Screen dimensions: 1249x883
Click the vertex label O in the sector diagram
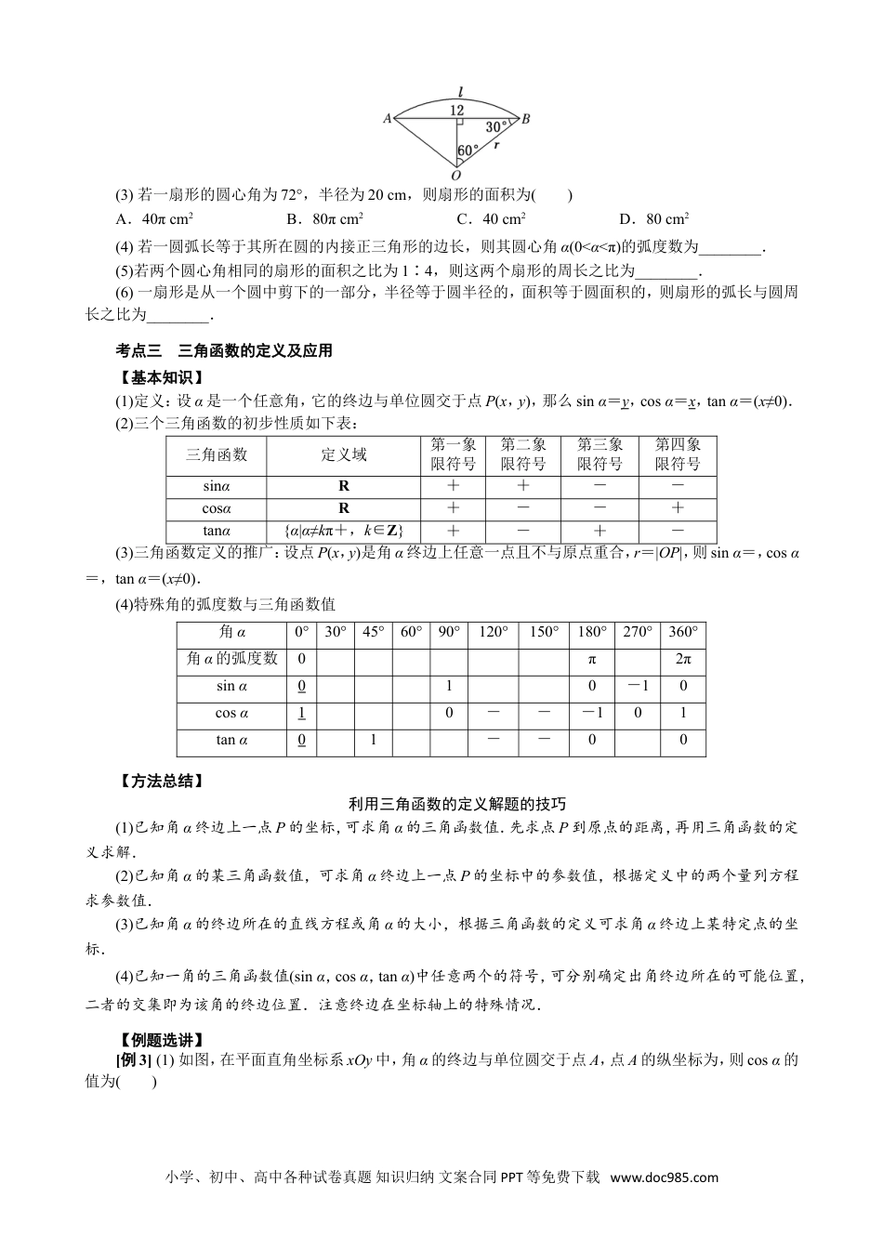tap(455, 175)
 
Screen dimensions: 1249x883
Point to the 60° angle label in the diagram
tap(468, 150)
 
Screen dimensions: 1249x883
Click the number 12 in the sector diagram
tap(456, 110)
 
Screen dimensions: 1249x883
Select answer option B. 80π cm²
tap(324, 219)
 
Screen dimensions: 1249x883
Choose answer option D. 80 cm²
tap(653, 219)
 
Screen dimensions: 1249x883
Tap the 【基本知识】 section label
tap(157, 377)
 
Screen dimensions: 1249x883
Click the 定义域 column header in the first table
tap(344, 454)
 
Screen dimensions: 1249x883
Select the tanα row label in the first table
tap(217, 531)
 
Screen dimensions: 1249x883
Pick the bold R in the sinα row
tap(344, 485)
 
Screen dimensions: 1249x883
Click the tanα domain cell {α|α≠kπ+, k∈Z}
tap(344, 531)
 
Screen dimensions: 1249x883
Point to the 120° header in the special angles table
tap(493, 632)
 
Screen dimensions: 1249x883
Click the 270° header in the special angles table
tap(639, 632)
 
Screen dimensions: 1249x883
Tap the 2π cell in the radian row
tap(683, 659)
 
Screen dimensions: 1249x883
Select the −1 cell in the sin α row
tap(639, 686)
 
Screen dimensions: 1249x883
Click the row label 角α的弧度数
tap(232, 659)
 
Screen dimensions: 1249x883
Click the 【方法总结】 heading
tap(157, 781)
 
